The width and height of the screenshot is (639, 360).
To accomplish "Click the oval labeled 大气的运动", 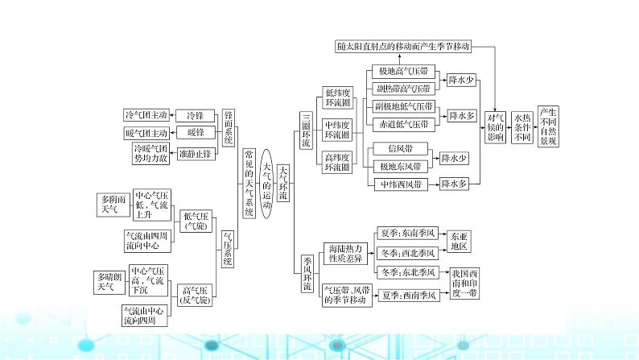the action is tap(267, 182).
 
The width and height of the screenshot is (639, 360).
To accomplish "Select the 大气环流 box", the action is tap(283, 183).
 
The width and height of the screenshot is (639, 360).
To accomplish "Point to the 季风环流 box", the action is tap(307, 274).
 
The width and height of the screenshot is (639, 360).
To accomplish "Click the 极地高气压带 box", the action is tap(402, 71).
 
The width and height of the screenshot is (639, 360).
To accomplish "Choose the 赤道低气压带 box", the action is tap(403, 124).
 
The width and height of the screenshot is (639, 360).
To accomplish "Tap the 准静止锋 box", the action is tap(195, 153).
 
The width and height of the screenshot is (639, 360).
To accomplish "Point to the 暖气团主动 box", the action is tap(146, 133).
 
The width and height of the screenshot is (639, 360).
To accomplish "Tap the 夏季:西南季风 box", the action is tap(410, 296).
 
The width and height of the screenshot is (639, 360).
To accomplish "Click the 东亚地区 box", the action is tap(459, 240).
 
